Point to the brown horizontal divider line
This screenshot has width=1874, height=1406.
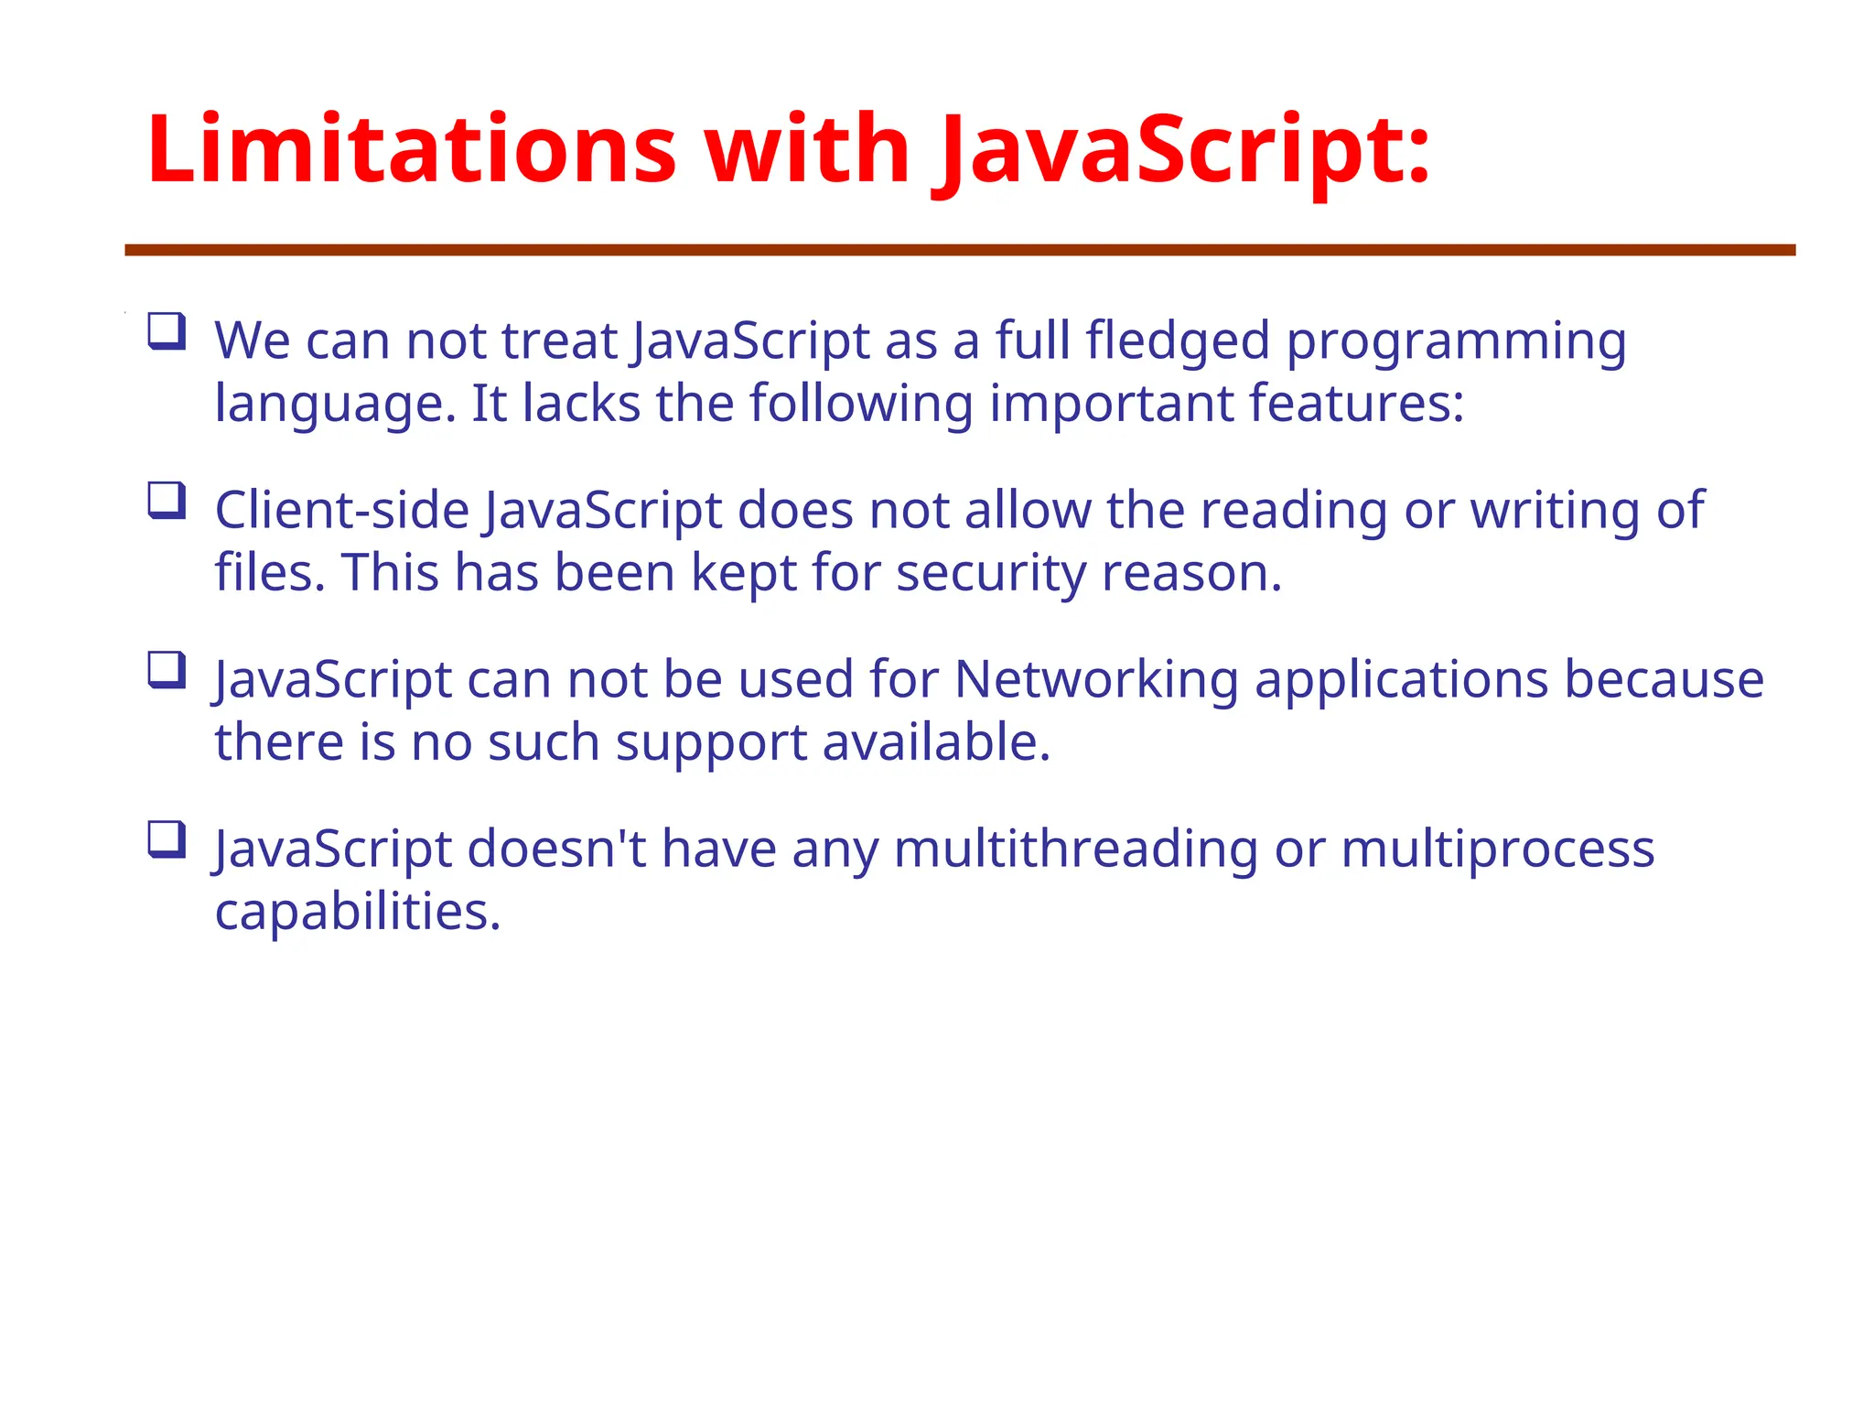coord(960,250)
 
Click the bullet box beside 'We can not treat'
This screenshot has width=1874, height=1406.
coord(167,330)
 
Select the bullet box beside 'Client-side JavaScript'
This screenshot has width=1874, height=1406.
coord(167,501)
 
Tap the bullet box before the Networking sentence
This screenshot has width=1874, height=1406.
coord(167,670)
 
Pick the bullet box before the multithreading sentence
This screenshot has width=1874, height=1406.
coord(167,839)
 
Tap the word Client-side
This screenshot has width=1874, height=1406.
coord(342,510)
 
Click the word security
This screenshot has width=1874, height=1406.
coord(991,575)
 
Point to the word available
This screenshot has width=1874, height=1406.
coord(936,742)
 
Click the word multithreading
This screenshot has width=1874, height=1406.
coord(1075,850)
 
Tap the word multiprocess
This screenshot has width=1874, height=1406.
coord(1498,850)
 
